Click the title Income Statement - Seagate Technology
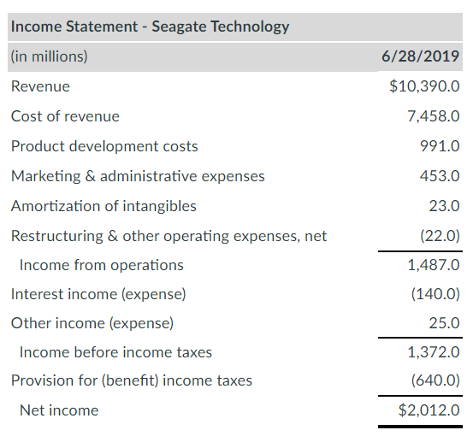pos(150,26)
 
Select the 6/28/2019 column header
pos(420,56)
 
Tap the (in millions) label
pos(50,56)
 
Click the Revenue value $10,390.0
pos(424,86)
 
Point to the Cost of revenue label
pos(65,116)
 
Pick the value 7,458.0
pos(434,116)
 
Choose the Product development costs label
pos(104,146)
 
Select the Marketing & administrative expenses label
pos(138,176)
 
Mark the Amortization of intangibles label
pos(103,206)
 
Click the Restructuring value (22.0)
pos(440,236)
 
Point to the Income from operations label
pos(101,265)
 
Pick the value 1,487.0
pos(434,265)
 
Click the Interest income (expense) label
pos(98,295)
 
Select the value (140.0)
pos(435,295)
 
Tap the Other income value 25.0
pos(445,324)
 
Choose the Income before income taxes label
pos(115,352)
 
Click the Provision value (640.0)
pos(435,380)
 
